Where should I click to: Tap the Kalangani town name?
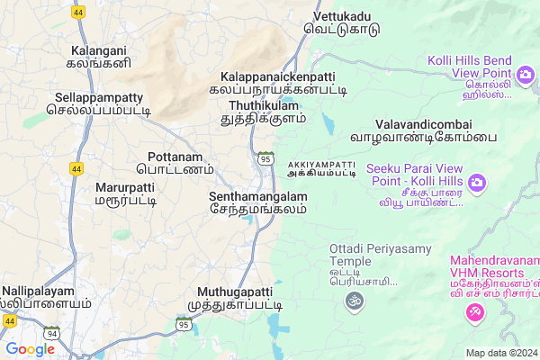tap(96, 57)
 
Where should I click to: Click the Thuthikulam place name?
tap(263, 111)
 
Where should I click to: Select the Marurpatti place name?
tap(124, 193)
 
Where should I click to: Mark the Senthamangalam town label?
tap(257, 202)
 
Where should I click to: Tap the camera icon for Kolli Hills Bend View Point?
tap(524, 74)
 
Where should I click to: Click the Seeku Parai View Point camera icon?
tap(477, 184)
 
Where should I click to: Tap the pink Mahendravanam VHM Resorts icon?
tap(474, 311)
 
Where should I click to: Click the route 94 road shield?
tap(52, 334)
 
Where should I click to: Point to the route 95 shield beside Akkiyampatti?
tap(265, 158)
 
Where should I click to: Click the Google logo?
tap(30, 349)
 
